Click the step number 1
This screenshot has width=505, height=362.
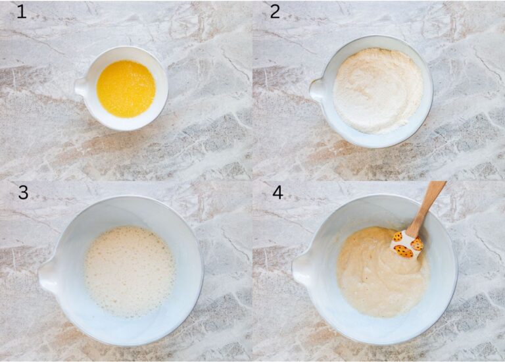coord(21,11)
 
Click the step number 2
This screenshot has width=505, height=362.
coord(274,11)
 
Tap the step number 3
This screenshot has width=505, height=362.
coord(23,192)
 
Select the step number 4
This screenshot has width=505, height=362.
coord(277,192)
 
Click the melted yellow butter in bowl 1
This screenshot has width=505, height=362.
coord(126,89)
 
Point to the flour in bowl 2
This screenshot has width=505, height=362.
coord(377,91)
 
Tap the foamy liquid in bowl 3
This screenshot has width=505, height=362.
coord(129,271)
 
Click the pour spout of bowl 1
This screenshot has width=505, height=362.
coord(81,87)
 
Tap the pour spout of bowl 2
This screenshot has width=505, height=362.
coord(317,90)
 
